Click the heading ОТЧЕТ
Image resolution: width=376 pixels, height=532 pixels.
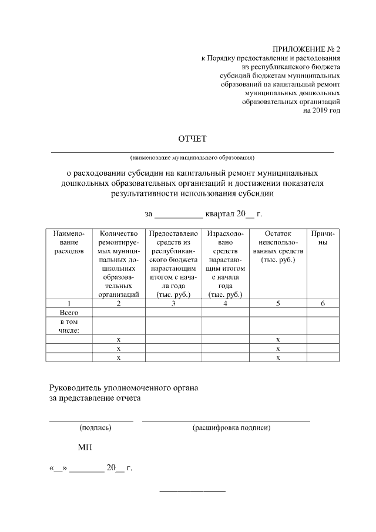(193, 139)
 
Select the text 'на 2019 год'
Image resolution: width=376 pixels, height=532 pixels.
(321, 110)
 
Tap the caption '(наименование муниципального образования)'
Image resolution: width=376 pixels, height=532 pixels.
(193, 158)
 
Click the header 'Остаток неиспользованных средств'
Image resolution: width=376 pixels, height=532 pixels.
(278, 246)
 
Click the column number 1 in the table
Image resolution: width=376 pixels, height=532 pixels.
(69, 303)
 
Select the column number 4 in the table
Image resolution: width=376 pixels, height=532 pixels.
(226, 303)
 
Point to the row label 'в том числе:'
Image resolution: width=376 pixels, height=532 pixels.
(69, 326)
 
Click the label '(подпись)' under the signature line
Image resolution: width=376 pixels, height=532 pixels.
(91, 428)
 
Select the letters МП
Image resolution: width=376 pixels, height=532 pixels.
(85, 448)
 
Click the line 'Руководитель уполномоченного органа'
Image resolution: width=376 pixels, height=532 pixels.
(123, 388)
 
